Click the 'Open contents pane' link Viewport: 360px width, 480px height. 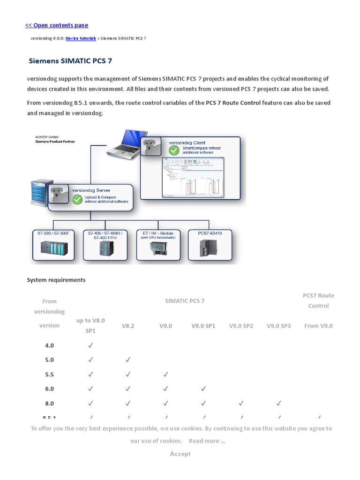coord(56,25)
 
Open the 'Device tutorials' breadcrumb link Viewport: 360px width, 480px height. coord(81,38)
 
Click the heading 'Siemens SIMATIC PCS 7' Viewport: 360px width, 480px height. coord(70,61)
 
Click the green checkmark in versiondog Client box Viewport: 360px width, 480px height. coord(174,150)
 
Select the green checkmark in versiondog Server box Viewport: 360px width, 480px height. coord(77,199)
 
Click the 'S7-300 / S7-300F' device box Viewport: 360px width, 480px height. coord(53,244)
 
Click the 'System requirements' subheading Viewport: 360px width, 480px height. coord(56,280)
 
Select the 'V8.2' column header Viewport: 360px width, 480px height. coord(128,326)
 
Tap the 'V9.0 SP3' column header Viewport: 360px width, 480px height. coord(278,326)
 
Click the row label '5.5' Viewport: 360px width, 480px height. coord(49,375)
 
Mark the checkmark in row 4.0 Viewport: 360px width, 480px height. coord(90,345)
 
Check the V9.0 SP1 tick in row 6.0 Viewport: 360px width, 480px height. coord(203,389)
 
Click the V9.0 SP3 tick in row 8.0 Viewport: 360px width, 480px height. coord(278,403)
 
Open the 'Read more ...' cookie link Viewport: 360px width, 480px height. coord(207,441)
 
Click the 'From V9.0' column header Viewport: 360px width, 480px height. coord(318,326)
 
